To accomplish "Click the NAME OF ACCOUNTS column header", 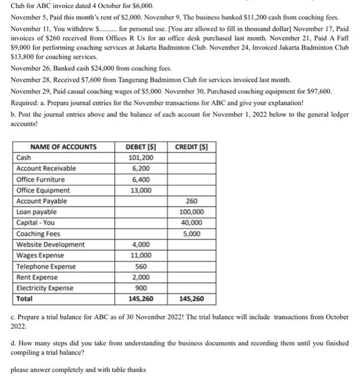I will click(x=63, y=147).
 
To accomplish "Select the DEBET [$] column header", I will click(x=141, y=147).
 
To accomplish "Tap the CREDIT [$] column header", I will click(x=192, y=147).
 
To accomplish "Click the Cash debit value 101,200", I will click(x=141, y=157).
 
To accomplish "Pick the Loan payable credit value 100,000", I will click(x=192, y=212).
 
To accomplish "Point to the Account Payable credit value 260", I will click(x=192, y=201).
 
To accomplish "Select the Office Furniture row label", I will click(x=41, y=179).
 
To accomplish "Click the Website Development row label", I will click(x=51, y=244).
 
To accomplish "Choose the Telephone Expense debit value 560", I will click(x=141, y=266).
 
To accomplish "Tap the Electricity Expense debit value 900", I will click(x=141, y=288).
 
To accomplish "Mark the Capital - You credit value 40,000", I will click(x=192, y=222).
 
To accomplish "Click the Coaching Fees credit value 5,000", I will click(x=192, y=234).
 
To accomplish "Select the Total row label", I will click(x=25, y=299).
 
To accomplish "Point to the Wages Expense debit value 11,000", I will click(x=141, y=255).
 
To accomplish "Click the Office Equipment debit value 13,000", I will click(x=141, y=190).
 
